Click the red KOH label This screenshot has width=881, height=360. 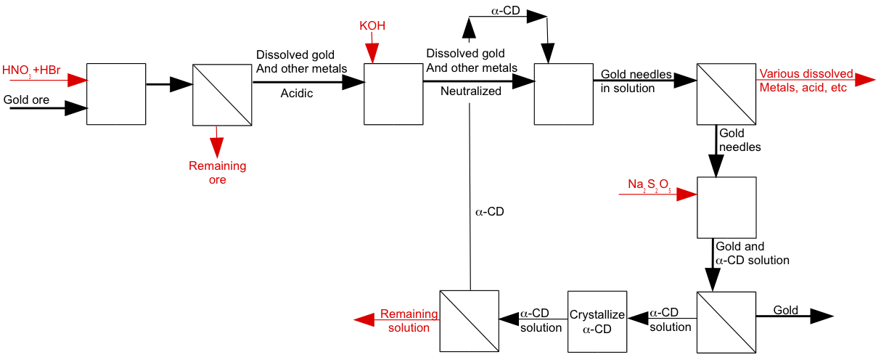point(372,26)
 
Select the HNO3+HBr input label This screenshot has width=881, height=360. point(31,70)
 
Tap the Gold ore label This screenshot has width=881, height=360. point(26,99)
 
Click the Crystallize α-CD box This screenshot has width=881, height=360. point(597,322)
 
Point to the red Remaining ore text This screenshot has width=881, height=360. point(218,173)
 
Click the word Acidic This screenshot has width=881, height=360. point(297,93)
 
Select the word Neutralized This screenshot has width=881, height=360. point(471,91)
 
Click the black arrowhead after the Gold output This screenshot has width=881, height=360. point(821,316)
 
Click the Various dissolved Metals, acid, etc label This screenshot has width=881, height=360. point(806,81)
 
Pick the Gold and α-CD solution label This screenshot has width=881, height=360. point(752,253)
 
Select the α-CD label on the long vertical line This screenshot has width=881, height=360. point(489,212)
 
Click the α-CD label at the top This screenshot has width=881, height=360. point(507,12)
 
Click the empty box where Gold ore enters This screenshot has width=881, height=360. point(116,94)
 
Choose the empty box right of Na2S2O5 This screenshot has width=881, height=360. point(726,207)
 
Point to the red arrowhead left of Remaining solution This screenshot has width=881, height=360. point(364,320)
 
